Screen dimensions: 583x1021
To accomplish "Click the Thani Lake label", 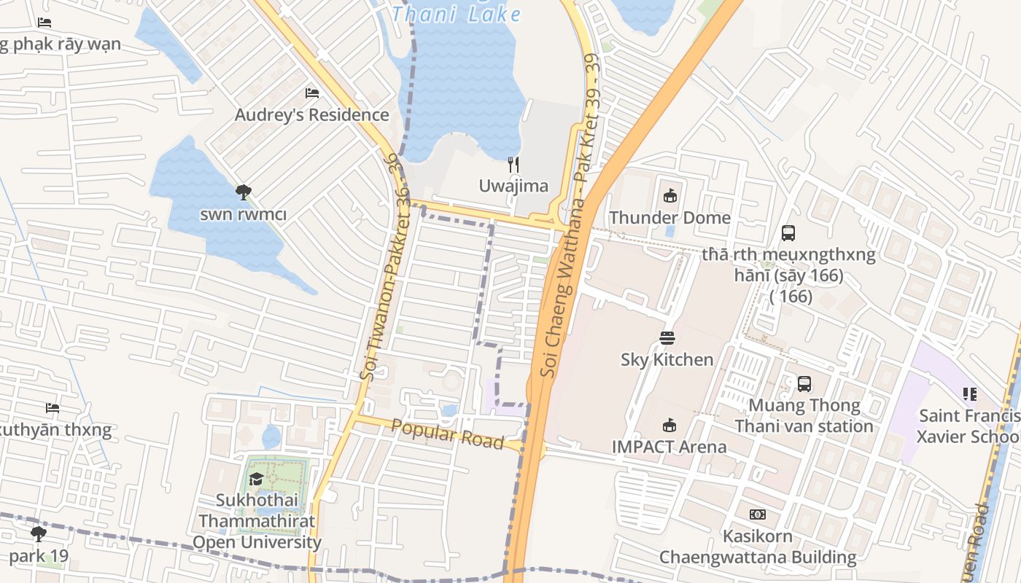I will [457, 13].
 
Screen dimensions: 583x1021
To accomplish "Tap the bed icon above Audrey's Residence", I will [312, 93].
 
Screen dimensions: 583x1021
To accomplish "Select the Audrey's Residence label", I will [311, 115].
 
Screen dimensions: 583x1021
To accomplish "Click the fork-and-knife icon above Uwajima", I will [513, 164].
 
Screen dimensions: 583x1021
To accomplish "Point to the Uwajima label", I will [513, 186].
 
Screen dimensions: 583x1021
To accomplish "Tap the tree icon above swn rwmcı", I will [244, 192].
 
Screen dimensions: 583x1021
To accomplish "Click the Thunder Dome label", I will [669, 218].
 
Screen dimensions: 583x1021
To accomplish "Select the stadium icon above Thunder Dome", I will [670, 195].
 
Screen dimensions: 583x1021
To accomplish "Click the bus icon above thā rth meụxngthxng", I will [788, 233].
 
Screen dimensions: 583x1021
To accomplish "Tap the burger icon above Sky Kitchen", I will [667, 337].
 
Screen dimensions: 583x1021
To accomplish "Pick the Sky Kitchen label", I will [667, 360].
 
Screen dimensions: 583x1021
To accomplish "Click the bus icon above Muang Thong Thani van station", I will [804, 383].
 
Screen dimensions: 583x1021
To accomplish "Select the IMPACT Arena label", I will [669, 447].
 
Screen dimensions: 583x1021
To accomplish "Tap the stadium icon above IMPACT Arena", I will [669, 425].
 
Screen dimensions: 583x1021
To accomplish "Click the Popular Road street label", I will [447, 434].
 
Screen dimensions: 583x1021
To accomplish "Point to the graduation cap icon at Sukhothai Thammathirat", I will [256, 479].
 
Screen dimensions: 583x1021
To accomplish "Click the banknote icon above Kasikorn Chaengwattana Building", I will [758, 514].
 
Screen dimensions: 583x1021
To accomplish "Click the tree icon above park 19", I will [39, 534].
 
